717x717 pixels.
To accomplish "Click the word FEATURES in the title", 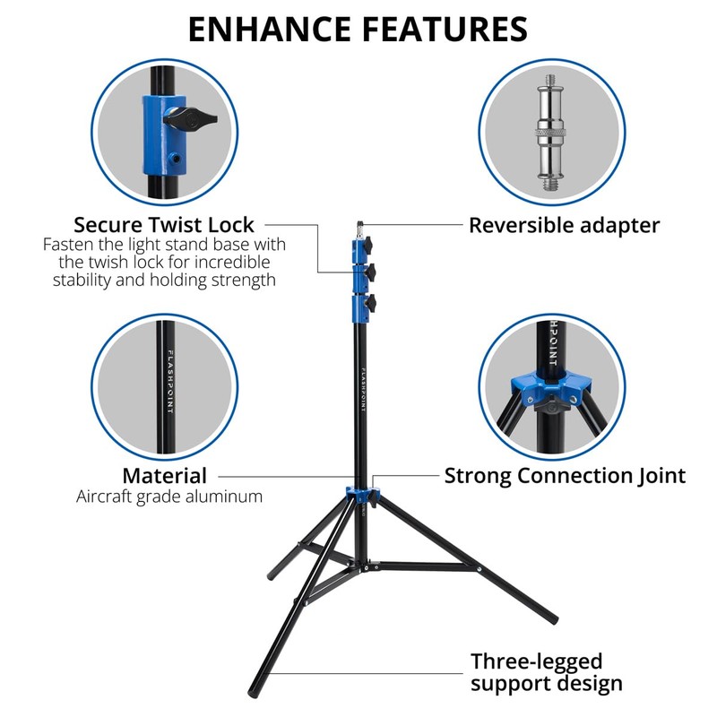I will coord(445,29).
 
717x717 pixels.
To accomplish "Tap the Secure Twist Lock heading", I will coord(164,224).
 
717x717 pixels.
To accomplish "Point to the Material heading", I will coord(164,476).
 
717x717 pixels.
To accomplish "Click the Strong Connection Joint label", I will coord(565,476).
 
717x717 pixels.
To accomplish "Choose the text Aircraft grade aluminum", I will coord(169,497).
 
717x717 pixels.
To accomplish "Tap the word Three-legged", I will coord(537,661).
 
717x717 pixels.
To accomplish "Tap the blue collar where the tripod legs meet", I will coord(362,496).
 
